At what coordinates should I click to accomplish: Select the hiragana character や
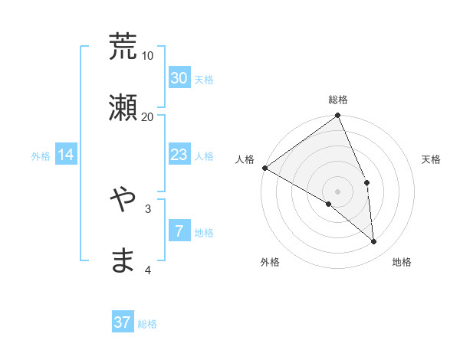pos(123,198)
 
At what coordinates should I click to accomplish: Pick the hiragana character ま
pos(123,260)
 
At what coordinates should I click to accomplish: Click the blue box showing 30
pos(179,78)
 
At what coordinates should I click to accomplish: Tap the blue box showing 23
pos(179,155)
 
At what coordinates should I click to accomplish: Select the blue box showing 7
pos(179,231)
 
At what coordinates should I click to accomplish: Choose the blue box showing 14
pos(66,155)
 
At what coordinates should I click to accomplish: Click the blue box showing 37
pos(123,322)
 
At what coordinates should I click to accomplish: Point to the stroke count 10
pos(148,56)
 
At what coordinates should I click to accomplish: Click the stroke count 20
pos(148,116)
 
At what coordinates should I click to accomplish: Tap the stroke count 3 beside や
pos(148,208)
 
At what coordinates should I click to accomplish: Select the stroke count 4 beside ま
pos(148,270)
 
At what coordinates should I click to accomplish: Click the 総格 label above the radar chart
pos(338,100)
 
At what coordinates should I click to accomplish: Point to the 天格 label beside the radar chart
pos(431,159)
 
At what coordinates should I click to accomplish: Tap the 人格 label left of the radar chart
pos(245,159)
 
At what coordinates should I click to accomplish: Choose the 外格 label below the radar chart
pos(270,262)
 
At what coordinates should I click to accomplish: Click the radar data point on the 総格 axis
pos(338,116)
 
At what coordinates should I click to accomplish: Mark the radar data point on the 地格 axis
pos(374,242)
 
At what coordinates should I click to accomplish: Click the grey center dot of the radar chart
pos(338,191)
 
